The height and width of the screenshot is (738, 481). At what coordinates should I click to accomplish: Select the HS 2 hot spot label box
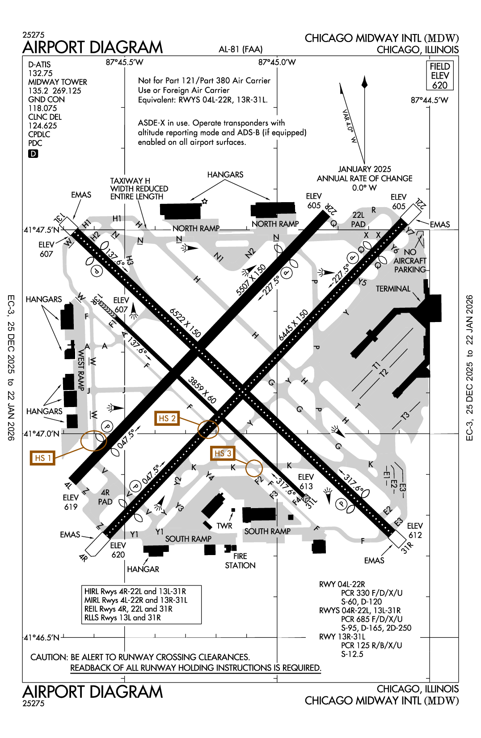point(167,418)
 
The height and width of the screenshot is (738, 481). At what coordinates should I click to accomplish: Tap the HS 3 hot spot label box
point(223,454)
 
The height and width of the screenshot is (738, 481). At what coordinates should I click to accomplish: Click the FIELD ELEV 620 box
point(439,76)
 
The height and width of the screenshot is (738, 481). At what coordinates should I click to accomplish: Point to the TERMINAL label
point(393,289)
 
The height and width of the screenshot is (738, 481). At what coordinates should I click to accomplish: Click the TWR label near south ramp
point(224,526)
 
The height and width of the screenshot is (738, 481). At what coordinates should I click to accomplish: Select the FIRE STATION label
point(240,561)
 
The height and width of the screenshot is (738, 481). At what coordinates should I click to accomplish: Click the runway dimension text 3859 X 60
point(202,390)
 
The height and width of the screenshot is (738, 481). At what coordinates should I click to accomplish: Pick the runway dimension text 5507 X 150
point(251,280)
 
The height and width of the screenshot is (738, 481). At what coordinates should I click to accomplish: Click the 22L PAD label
point(358,220)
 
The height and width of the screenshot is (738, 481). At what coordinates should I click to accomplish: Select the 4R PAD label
point(105,497)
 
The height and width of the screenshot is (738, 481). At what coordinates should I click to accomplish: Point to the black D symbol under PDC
point(33,154)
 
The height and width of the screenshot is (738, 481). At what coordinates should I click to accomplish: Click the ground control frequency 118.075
point(42,108)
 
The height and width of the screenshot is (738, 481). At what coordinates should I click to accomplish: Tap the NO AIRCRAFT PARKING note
point(409,261)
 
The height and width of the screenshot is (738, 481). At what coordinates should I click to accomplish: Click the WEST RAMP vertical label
point(81,370)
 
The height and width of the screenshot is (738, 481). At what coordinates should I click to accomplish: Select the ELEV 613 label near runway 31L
point(306,482)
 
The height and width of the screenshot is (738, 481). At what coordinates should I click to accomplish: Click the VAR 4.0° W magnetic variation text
point(350,126)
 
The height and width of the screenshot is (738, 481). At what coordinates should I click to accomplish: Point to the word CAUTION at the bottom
point(49,657)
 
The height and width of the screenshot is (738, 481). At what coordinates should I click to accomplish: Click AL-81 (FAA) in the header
point(240,49)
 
